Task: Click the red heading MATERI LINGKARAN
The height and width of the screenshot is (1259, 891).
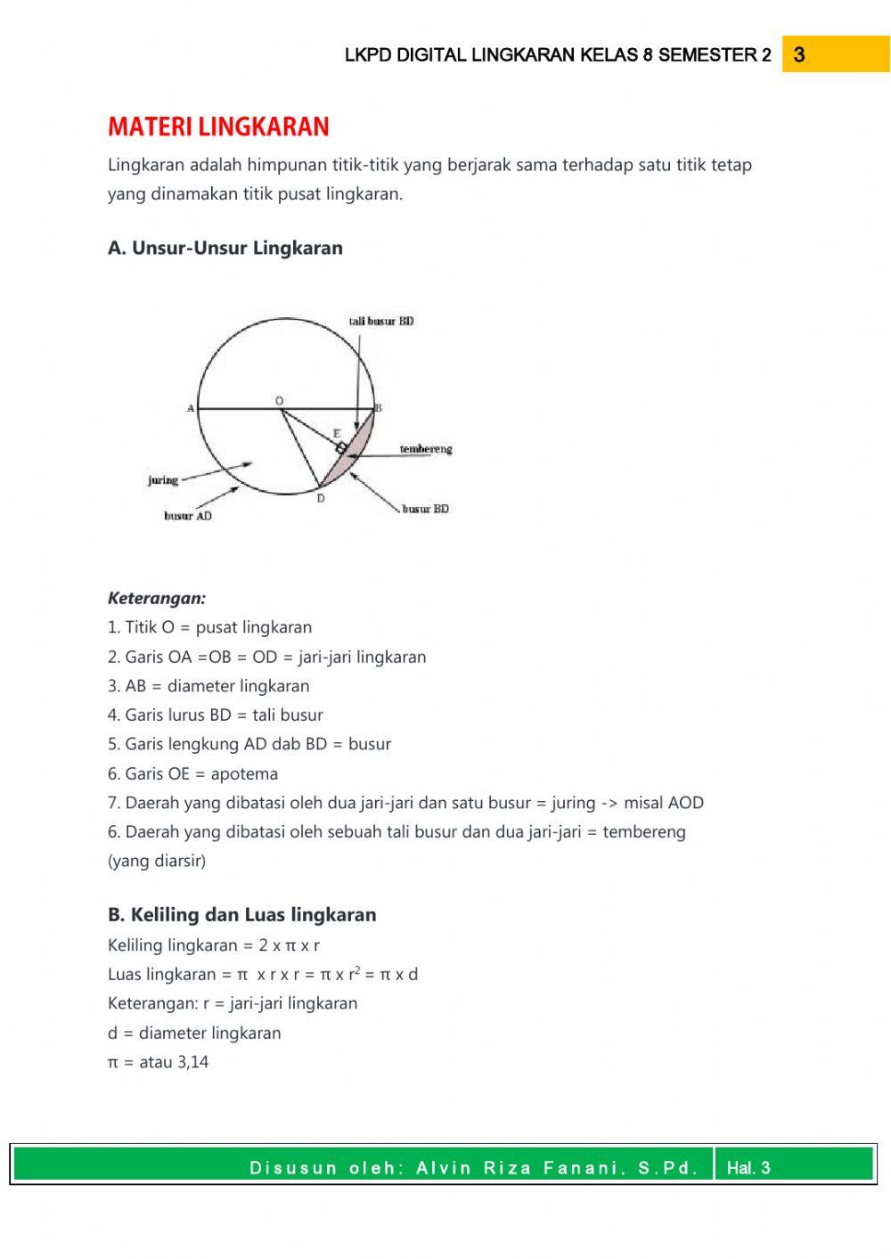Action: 218,127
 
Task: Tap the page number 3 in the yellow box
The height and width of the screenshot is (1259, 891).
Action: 799,55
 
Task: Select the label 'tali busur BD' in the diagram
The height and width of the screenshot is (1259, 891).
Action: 380,321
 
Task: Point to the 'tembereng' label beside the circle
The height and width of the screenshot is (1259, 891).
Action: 425,449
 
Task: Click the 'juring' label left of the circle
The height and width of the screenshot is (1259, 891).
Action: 163,480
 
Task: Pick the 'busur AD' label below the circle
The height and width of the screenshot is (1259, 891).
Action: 188,516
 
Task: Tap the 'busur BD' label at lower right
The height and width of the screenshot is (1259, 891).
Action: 425,509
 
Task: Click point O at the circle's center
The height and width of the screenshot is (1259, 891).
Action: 279,402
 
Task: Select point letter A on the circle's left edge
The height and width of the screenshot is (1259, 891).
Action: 190,408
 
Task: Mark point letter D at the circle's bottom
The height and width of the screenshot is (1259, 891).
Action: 321,499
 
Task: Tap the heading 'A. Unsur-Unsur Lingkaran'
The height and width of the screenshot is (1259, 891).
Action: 225,248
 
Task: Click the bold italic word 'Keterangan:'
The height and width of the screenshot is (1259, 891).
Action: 157,598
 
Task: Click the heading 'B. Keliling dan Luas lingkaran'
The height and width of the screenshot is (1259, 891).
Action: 241,914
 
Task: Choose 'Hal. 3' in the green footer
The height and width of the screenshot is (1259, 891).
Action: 748,1168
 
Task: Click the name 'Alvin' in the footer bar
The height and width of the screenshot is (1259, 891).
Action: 445,1168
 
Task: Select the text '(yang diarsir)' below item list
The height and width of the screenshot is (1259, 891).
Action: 157,861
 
